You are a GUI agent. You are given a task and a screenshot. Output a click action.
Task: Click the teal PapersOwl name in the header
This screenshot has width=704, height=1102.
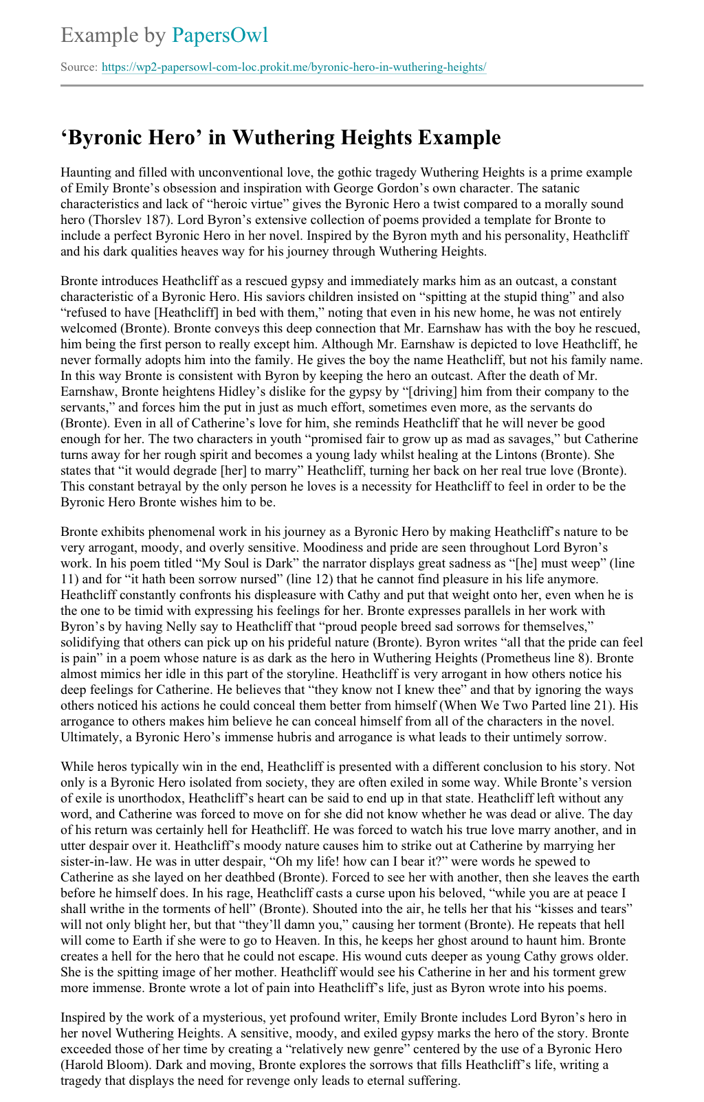tap(220, 35)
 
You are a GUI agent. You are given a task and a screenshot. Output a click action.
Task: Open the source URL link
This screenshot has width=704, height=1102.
tap(294, 67)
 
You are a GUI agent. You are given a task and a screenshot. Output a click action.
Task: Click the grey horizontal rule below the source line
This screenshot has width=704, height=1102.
tap(352, 85)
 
